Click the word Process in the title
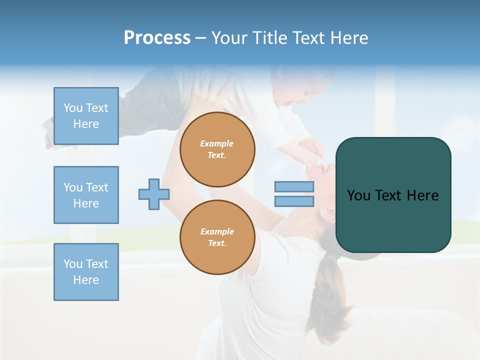pos(157,38)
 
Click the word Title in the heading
pos(268,38)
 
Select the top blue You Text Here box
pos(86,116)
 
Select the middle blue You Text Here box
pos(86,195)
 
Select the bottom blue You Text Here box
pos(86,272)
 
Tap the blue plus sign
pos(154,194)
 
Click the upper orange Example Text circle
pos(217,149)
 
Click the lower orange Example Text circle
pos(217,237)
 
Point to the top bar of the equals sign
pos(294,186)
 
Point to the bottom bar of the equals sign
pos(294,201)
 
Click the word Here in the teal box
pos(423,195)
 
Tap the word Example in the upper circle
pos(217,143)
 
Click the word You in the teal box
pos(358,195)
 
